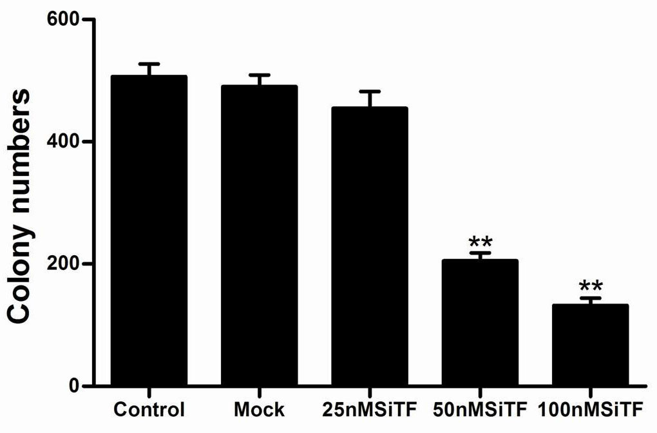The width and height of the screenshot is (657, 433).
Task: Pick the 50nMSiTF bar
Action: click(x=480, y=323)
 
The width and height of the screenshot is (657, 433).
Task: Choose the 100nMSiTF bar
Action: click(x=590, y=345)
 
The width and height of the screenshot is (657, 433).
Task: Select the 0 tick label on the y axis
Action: click(x=75, y=387)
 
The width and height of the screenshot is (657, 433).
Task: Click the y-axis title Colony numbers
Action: click(x=21, y=206)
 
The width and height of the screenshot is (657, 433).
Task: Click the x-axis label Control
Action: click(x=149, y=410)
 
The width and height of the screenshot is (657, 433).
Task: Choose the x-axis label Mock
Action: click(x=259, y=410)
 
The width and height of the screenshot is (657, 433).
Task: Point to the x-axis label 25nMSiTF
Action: click(x=370, y=410)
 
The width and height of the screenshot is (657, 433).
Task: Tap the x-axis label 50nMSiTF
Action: click(x=480, y=410)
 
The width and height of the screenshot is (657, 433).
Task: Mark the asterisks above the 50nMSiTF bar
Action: click(x=481, y=243)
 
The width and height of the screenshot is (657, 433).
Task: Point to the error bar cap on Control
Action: click(x=149, y=64)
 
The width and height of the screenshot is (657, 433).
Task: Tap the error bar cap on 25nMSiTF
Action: click(x=370, y=91)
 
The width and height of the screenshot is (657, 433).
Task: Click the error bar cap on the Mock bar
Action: click(x=259, y=75)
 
